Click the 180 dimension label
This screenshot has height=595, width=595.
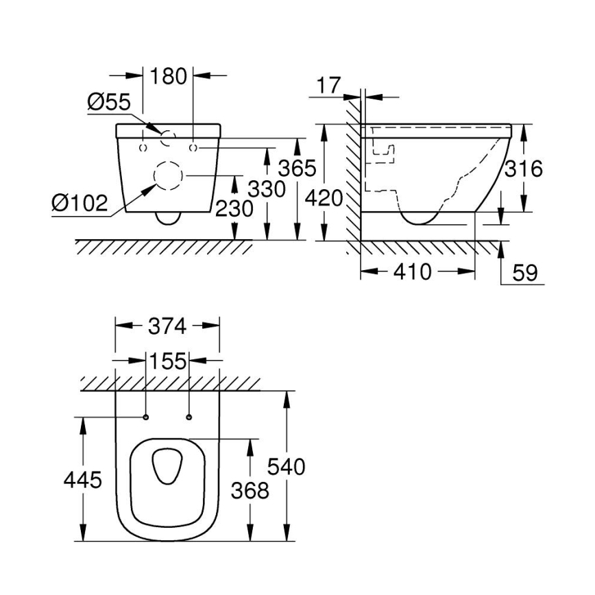tap(168, 76)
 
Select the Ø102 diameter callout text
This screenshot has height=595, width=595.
tap(80, 202)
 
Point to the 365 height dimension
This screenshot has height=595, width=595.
tap(297, 167)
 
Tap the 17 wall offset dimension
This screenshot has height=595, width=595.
tap(329, 86)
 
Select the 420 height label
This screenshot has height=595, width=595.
tap(324, 198)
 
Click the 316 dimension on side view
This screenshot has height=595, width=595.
tap(524, 168)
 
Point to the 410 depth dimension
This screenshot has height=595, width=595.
tap(413, 272)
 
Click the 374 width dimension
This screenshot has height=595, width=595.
tap(167, 326)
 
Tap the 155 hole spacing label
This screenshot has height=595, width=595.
tap(167, 361)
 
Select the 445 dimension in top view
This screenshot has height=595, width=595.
tap(84, 480)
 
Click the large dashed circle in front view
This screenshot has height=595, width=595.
tap(167, 176)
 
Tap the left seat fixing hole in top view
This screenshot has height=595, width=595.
tap(146, 417)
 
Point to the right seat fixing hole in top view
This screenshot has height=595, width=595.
tap(189, 417)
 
